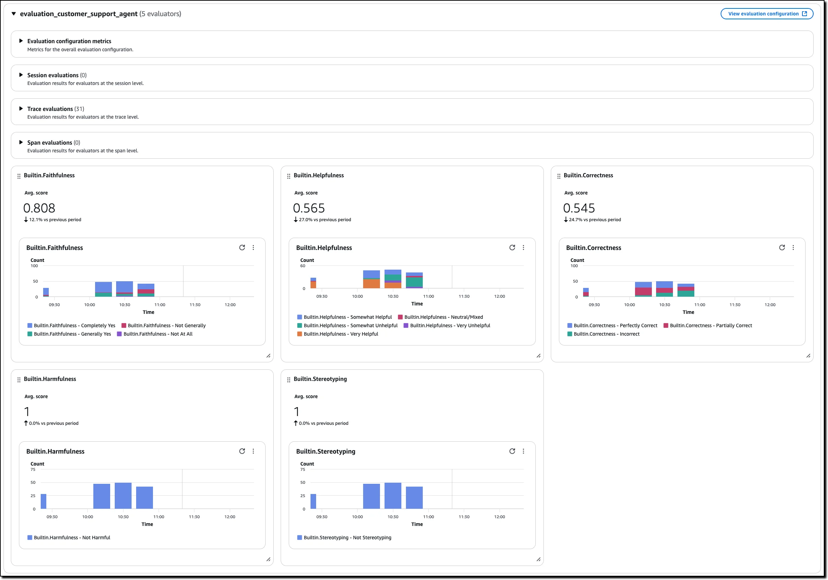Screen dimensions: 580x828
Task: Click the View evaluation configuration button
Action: pyautogui.click(x=766, y=14)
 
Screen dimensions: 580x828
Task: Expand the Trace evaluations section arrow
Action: pyautogui.click(x=21, y=108)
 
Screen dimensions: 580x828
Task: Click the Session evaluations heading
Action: pyautogui.click(x=53, y=75)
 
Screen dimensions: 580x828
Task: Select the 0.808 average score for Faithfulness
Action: pyautogui.click(x=39, y=208)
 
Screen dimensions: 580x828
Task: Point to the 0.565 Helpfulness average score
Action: pyautogui.click(x=309, y=208)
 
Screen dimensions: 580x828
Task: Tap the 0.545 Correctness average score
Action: pyautogui.click(x=579, y=208)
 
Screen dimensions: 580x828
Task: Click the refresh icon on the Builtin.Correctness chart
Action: pyautogui.click(x=782, y=248)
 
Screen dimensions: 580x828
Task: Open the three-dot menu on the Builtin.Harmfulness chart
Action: pyautogui.click(x=253, y=451)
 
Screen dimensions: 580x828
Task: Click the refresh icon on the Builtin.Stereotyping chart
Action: pyautogui.click(x=512, y=451)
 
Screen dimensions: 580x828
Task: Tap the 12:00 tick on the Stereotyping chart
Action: pyautogui.click(x=500, y=517)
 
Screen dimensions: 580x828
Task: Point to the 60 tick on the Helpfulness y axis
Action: pyautogui.click(x=302, y=266)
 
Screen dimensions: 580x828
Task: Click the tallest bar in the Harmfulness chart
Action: pyautogui.click(x=123, y=495)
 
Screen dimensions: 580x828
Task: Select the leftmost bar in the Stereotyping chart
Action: pyautogui.click(x=313, y=501)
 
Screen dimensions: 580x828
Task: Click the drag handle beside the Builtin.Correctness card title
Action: pyautogui.click(x=559, y=176)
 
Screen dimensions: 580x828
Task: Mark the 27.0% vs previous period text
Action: pyautogui.click(x=325, y=219)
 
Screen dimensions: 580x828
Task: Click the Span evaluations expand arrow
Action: pyautogui.click(x=21, y=142)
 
